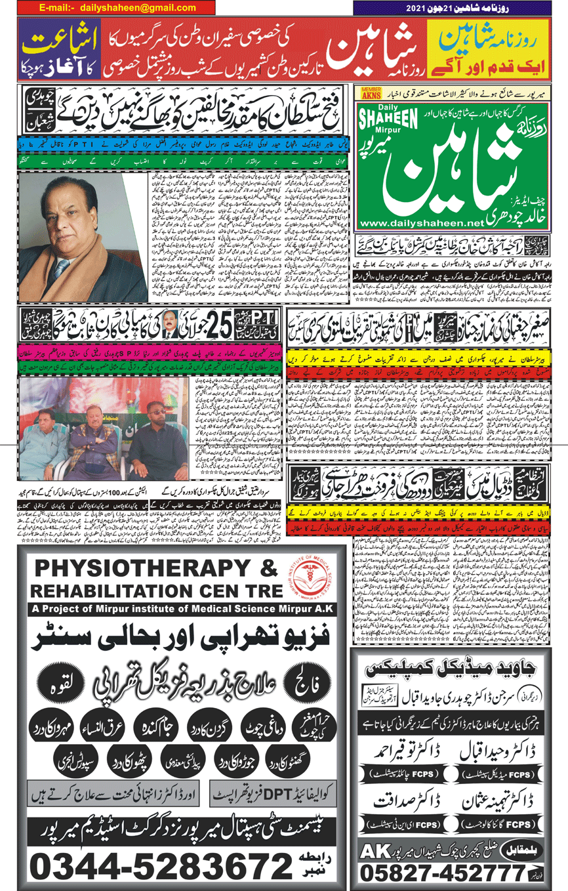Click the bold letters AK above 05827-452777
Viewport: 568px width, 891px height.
coord(374,850)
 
